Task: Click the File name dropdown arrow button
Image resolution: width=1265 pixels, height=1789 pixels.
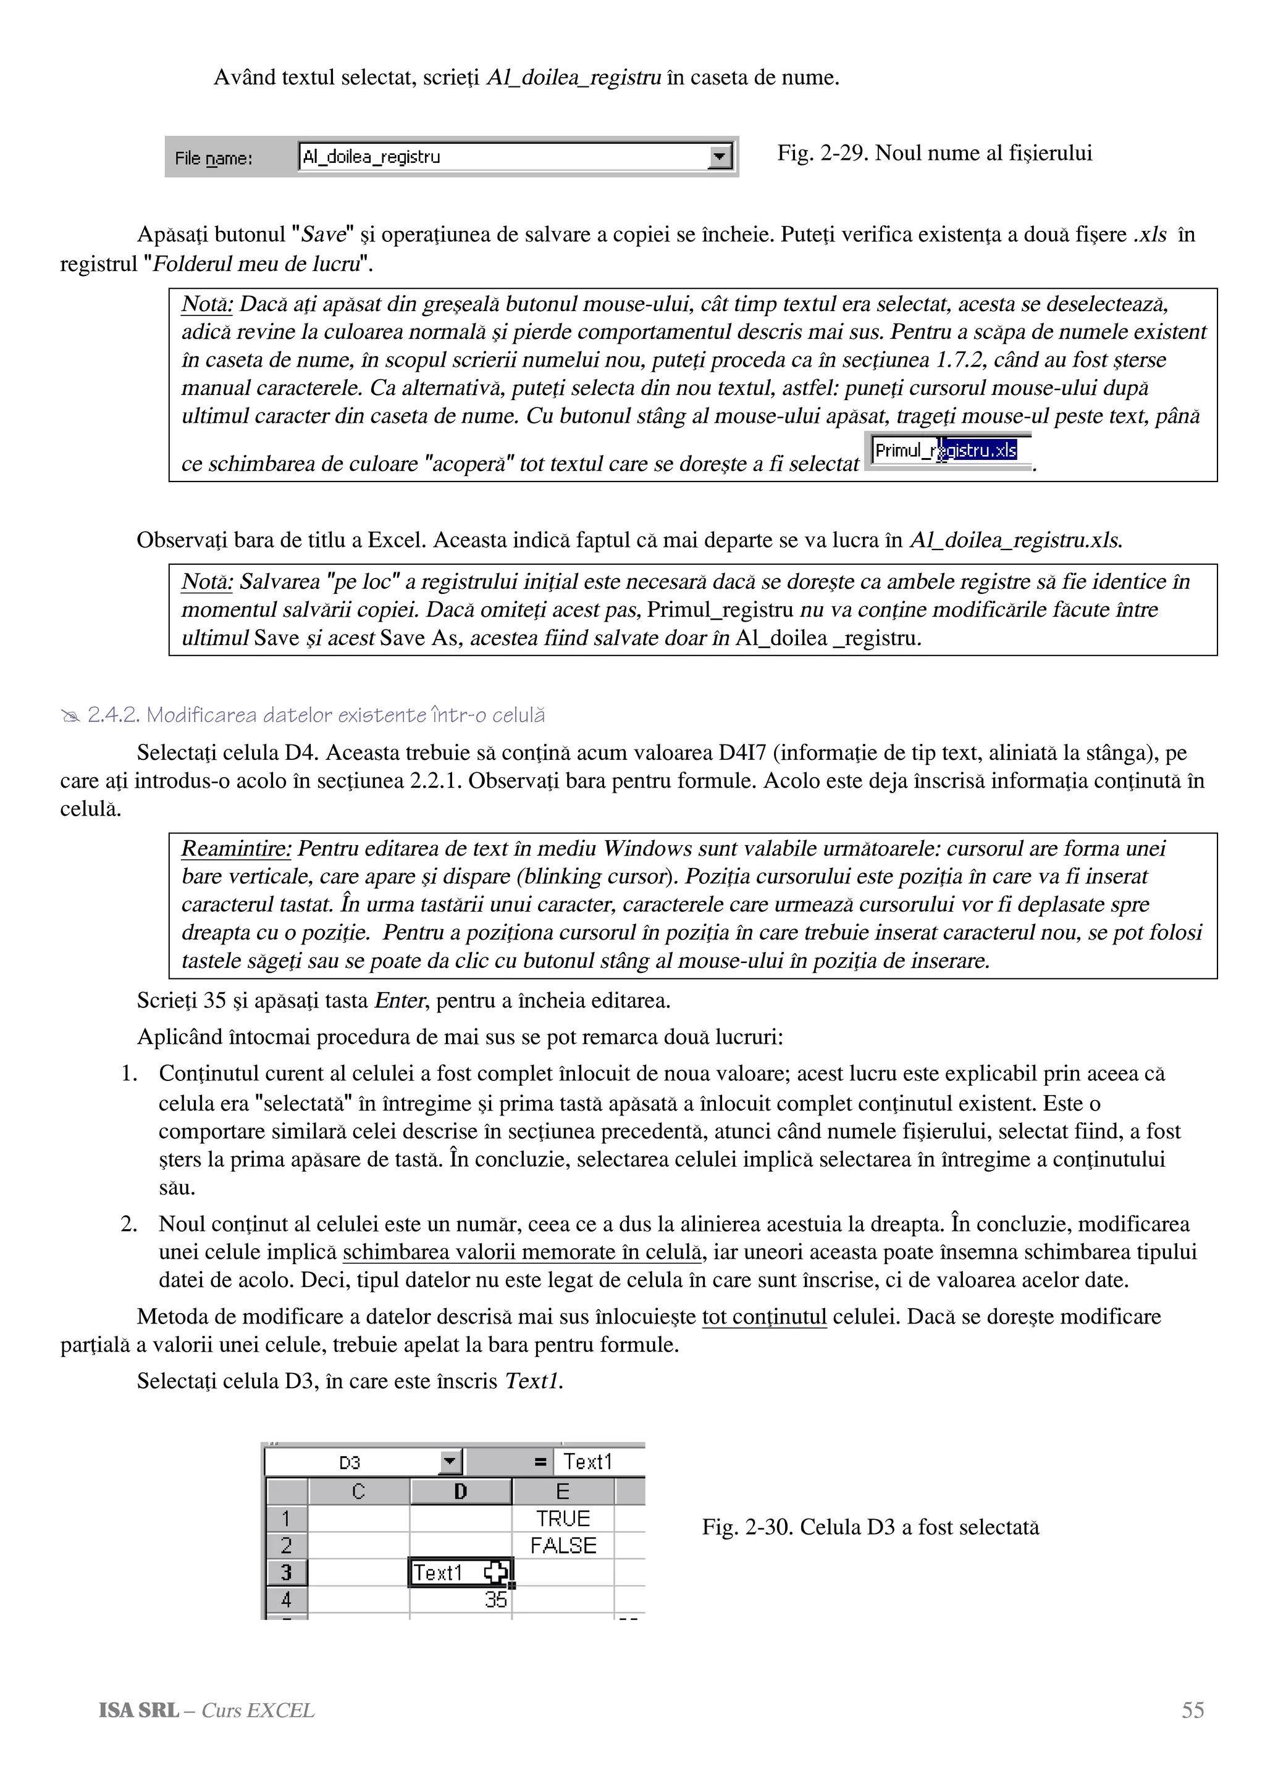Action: tap(720, 157)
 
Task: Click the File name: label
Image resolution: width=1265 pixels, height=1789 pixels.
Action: tap(212, 159)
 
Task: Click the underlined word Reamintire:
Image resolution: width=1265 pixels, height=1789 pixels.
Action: tap(236, 849)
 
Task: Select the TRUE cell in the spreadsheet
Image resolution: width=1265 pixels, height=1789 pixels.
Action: tap(562, 1519)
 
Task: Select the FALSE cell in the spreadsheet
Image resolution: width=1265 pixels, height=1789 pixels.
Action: tap(562, 1545)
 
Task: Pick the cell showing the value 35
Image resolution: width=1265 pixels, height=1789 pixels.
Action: tap(460, 1599)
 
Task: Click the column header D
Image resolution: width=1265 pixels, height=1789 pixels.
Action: tap(460, 1491)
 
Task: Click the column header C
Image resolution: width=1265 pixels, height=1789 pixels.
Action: tap(358, 1491)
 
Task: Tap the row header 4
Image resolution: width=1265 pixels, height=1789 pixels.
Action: tap(285, 1599)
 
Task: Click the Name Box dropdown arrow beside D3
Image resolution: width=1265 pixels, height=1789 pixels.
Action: tap(450, 1462)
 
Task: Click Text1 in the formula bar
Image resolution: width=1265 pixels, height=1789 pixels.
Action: tap(587, 1462)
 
